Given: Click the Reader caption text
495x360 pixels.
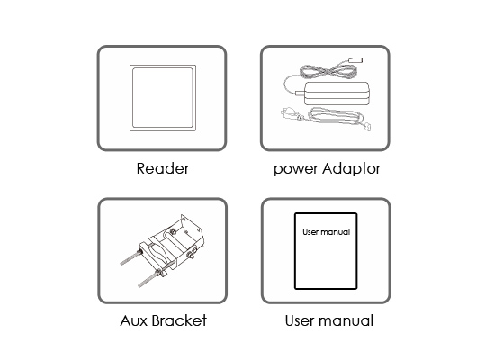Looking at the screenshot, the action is (163, 168).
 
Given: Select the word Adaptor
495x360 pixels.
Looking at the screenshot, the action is (351, 169).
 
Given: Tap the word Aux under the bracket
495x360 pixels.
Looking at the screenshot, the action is (134, 320).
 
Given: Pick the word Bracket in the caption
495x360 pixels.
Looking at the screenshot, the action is (179, 320).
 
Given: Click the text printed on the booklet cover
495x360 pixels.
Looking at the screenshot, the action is (327, 232).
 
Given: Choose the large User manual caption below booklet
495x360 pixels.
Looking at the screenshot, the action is (329, 320).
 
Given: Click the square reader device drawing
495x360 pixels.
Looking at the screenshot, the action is (163, 98).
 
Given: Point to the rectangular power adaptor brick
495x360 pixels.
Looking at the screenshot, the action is (337, 94).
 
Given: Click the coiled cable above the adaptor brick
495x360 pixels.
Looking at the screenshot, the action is (328, 71).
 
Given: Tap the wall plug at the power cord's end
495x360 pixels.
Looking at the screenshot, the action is (289, 114).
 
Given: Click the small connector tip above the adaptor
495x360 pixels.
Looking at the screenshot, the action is (355, 60).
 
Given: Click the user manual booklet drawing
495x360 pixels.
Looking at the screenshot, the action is (326, 251).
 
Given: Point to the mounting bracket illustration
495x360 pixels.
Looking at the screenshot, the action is (162, 250).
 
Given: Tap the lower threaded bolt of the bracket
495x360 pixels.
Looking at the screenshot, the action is (149, 278).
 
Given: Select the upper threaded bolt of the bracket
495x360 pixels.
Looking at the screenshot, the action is (130, 258).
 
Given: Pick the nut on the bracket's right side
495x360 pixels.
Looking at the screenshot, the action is (192, 253).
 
